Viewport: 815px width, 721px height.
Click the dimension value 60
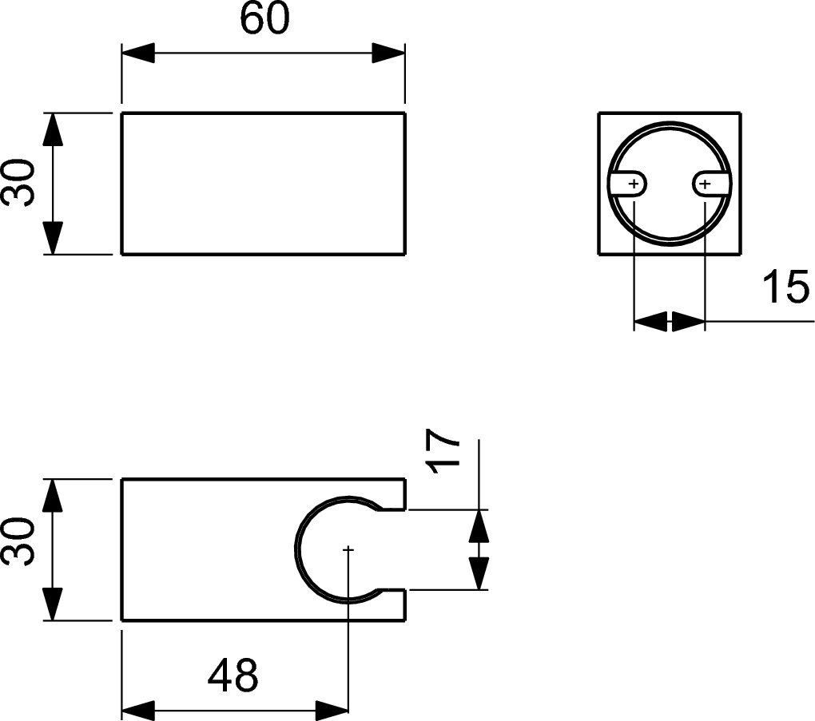264,20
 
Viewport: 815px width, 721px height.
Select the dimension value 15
785,287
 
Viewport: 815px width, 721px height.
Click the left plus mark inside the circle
634,184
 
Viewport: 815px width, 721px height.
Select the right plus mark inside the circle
704,184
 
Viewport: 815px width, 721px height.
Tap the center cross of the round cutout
348,549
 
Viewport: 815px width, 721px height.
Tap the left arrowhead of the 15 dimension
650,322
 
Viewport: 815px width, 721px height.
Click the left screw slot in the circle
629,184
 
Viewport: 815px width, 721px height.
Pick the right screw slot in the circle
710,184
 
